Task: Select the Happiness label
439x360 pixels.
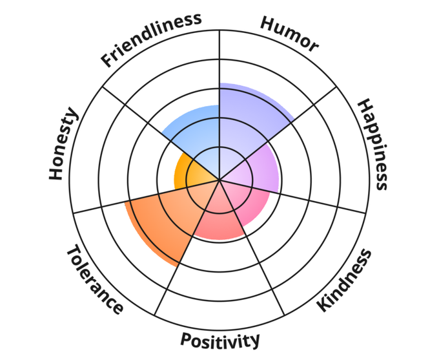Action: click(x=373, y=144)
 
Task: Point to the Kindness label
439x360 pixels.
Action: click(x=345, y=281)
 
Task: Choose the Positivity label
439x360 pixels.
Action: click(x=220, y=340)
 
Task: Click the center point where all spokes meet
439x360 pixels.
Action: click(x=219, y=180)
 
